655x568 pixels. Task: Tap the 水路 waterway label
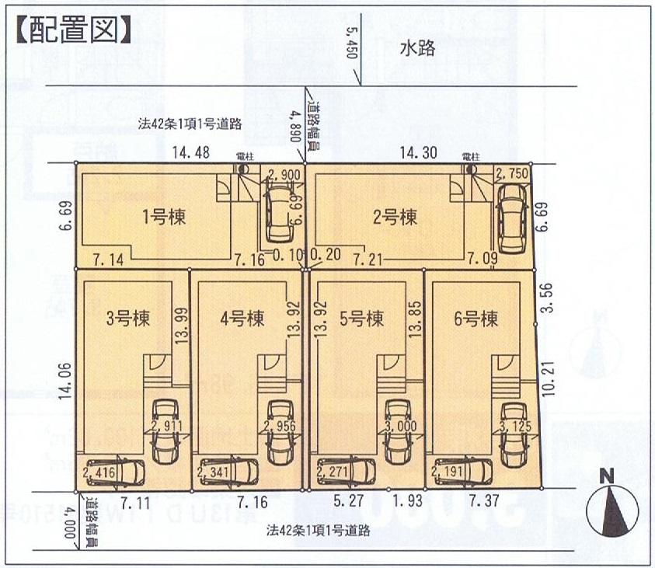click(416, 47)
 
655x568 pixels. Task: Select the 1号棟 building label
click(164, 218)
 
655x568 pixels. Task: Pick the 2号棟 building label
click(395, 218)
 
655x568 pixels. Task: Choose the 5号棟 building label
click(361, 318)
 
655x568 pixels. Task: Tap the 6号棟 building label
click(476, 318)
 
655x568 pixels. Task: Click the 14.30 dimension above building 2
click(417, 154)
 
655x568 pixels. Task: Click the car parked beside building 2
click(511, 218)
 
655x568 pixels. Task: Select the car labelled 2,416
click(113, 471)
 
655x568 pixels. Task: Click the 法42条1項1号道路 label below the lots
click(318, 531)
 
